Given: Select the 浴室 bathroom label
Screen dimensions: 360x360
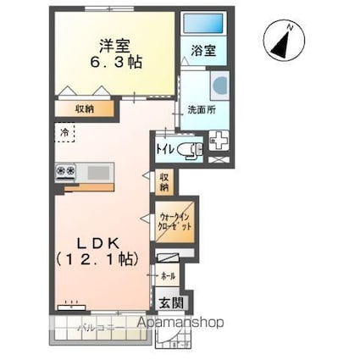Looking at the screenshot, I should (x=203, y=51).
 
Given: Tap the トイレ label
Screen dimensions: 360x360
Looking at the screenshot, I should (x=165, y=150).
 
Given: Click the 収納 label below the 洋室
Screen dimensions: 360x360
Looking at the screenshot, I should (x=84, y=108).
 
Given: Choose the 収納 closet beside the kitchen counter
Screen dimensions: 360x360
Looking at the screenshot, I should (x=164, y=181).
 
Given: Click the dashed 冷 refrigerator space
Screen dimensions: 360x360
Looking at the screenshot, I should (x=65, y=133).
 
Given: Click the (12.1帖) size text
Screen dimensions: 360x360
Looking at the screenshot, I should (x=95, y=260).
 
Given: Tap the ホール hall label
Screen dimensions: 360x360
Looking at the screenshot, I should (x=168, y=277).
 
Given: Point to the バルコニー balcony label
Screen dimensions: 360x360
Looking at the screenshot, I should (x=96, y=326).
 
